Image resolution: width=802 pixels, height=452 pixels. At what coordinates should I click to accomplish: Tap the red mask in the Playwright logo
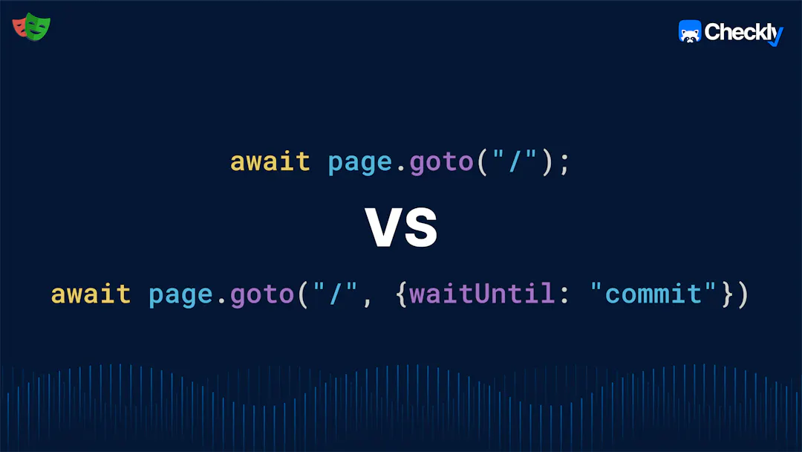click(19, 27)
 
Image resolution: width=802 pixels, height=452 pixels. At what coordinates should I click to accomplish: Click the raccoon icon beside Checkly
click(689, 32)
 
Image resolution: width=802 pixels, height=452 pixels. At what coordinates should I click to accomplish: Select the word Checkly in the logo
click(743, 32)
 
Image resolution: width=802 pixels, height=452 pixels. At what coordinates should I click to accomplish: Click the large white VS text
click(402, 227)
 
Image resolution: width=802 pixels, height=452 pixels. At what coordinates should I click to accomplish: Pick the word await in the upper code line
click(270, 162)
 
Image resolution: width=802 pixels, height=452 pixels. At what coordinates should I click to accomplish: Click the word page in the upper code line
click(359, 164)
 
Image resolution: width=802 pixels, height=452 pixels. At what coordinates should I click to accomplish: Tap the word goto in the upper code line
click(441, 163)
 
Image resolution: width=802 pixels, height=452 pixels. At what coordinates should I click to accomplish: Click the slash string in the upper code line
click(515, 161)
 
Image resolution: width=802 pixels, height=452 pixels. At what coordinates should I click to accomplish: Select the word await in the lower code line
click(91, 294)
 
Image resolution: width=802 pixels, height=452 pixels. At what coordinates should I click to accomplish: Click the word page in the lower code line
click(180, 296)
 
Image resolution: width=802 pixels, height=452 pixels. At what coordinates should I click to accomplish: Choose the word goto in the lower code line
click(262, 295)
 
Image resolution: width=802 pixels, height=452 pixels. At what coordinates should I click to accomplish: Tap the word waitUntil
click(482, 294)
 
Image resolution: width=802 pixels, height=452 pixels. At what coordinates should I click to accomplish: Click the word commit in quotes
click(653, 294)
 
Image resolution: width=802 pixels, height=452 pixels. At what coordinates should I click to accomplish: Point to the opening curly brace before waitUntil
click(402, 295)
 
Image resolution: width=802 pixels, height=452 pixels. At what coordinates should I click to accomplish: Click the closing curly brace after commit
click(727, 295)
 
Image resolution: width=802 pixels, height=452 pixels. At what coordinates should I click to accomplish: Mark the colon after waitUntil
click(564, 296)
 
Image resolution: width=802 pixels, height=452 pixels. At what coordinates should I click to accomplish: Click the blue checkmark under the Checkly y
click(776, 38)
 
